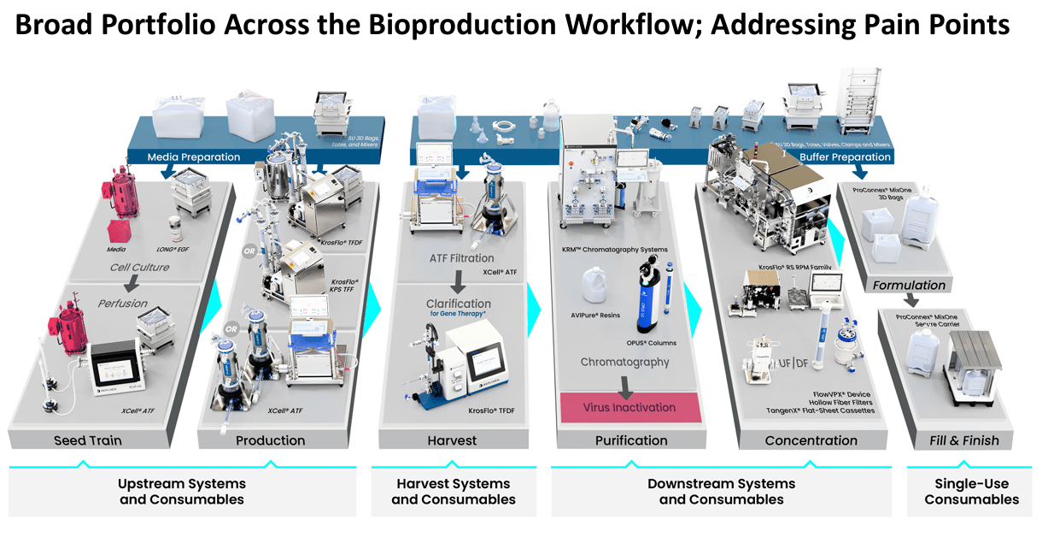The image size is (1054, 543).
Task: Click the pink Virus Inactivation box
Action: coord(630,408)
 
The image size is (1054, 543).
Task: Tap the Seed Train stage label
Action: coord(88,440)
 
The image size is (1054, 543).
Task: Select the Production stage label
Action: coord(270,440)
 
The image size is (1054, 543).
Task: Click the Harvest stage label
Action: coord(452,440)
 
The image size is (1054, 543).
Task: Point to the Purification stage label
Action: coord(631,440)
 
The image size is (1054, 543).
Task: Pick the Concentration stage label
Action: coord(811,440)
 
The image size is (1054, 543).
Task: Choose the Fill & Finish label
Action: coord(963,440)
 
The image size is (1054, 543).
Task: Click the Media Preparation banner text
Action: coord(194,157)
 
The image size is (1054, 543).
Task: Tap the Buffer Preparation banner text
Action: coord(845,157)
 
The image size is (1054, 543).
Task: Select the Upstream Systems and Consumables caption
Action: coord(182,492)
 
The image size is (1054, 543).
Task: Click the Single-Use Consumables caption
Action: coord(971,492)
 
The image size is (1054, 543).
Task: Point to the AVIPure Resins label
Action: coord(596,316)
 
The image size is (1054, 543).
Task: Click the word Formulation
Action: coord(909,285)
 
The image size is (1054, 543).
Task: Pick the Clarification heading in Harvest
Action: coord(459,304)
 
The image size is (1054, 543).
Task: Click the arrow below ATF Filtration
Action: coord(459,279)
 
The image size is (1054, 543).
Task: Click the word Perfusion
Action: coord(122,303)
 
